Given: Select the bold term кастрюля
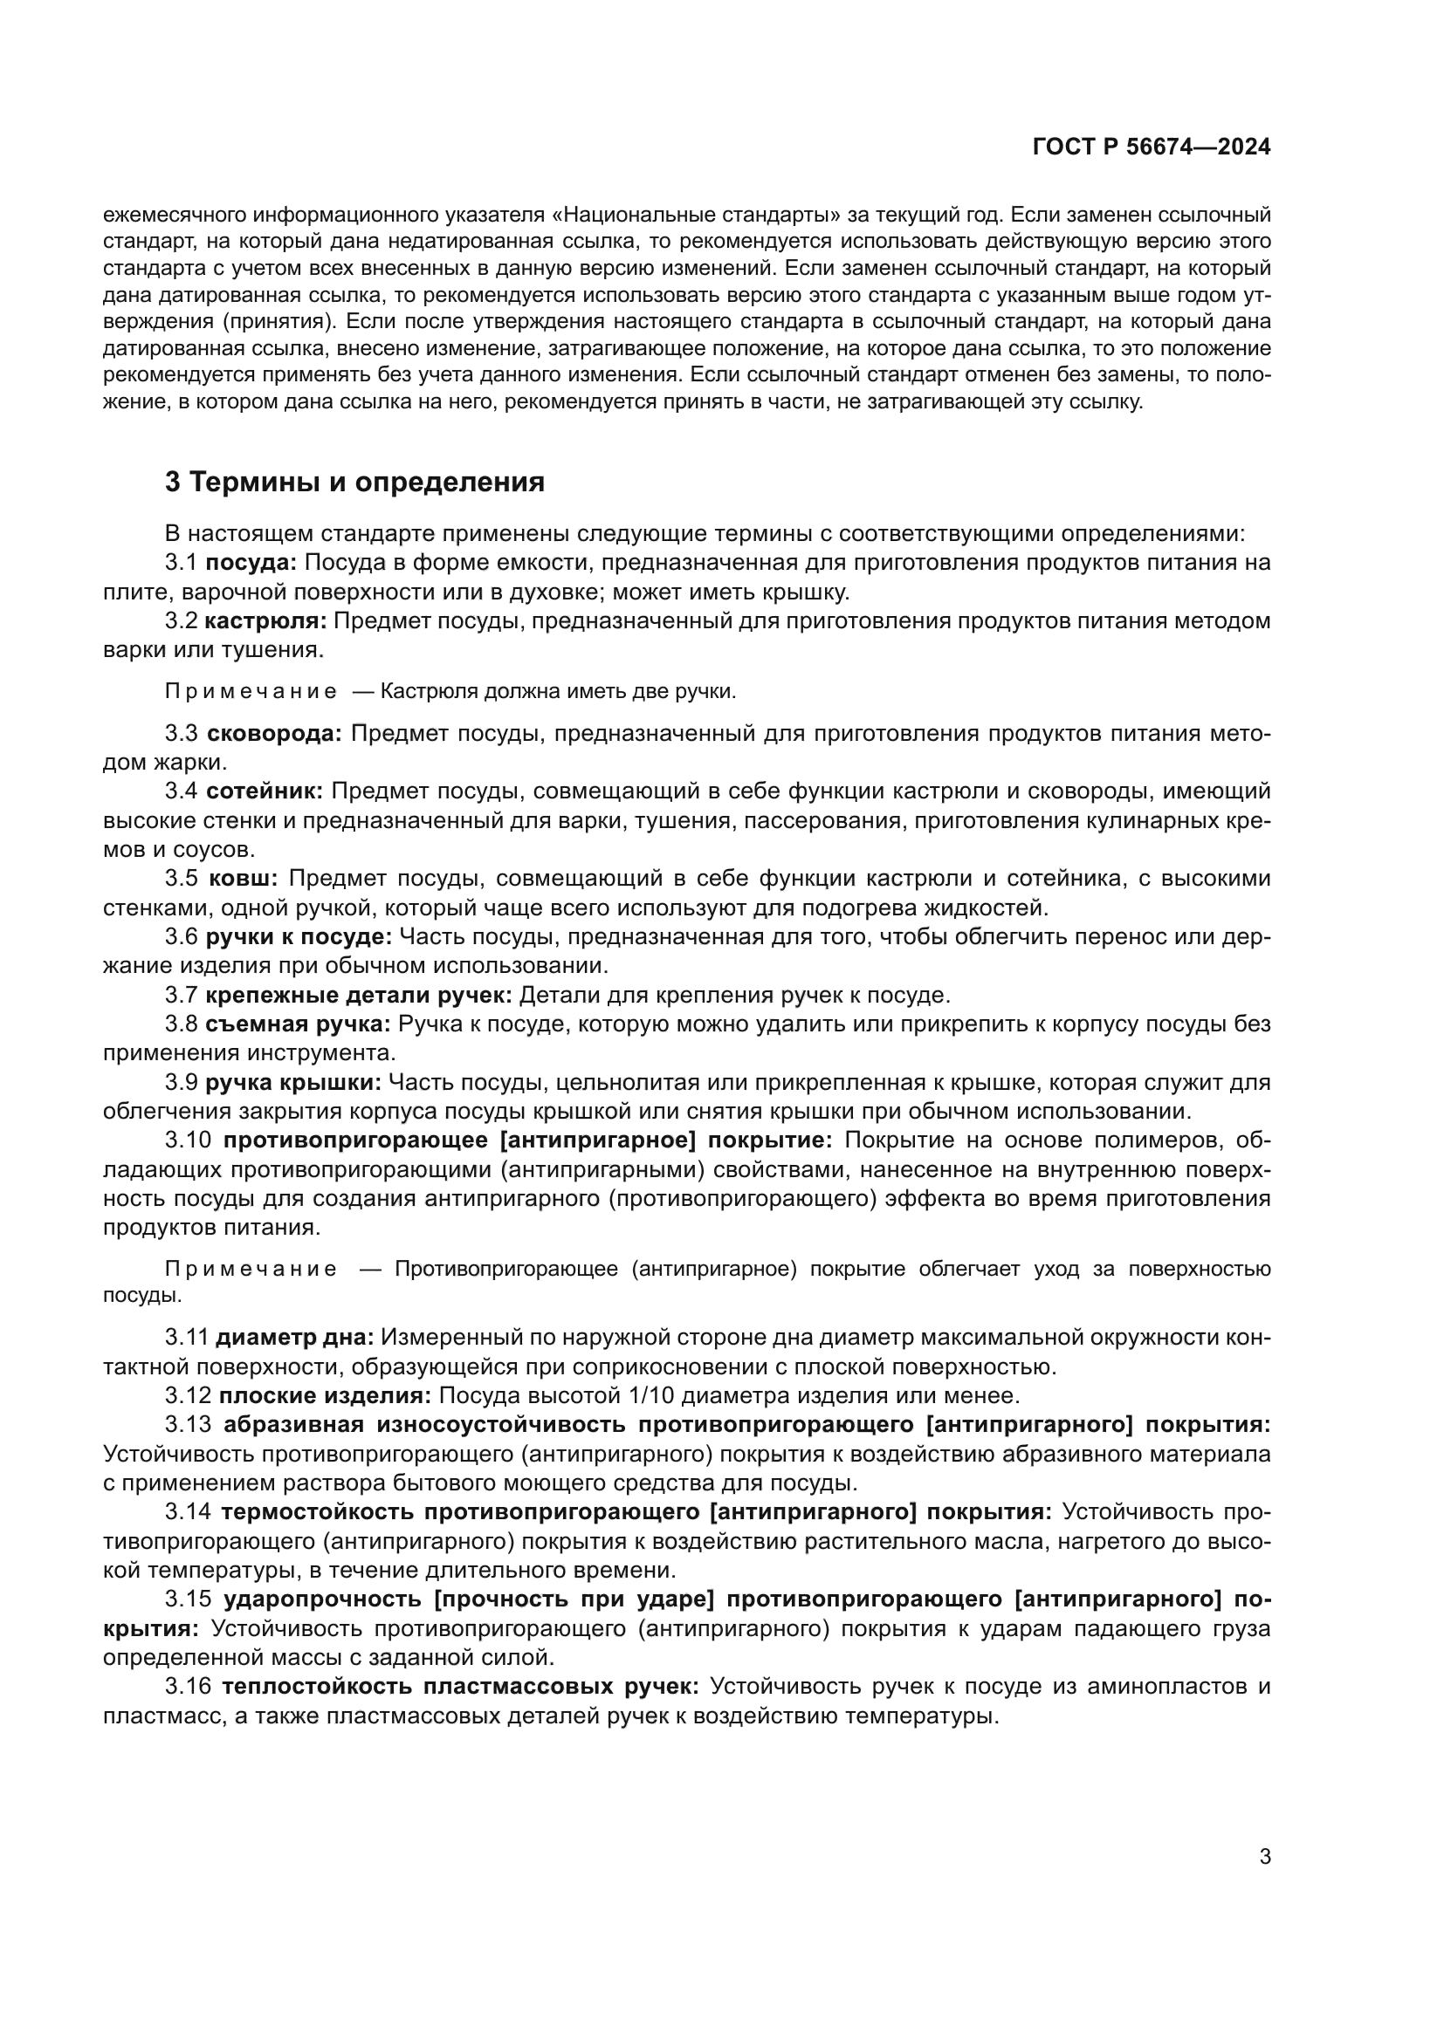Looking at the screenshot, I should click(x=265, y=620).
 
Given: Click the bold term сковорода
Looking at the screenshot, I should click(x=274, y=733).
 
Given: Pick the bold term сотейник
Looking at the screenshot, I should click(x=264, y=791).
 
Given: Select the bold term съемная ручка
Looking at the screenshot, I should click(x=297, y=1024).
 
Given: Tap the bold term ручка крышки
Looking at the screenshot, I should click(x=293, y=1083).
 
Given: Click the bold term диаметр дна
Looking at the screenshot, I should click(x=294, y=1337).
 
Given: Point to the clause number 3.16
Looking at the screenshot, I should click(x=187, y=1687).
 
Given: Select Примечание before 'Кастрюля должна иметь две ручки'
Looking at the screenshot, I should click(x=251, y=692).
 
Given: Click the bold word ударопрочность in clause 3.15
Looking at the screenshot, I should click(x=323, y=1599).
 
